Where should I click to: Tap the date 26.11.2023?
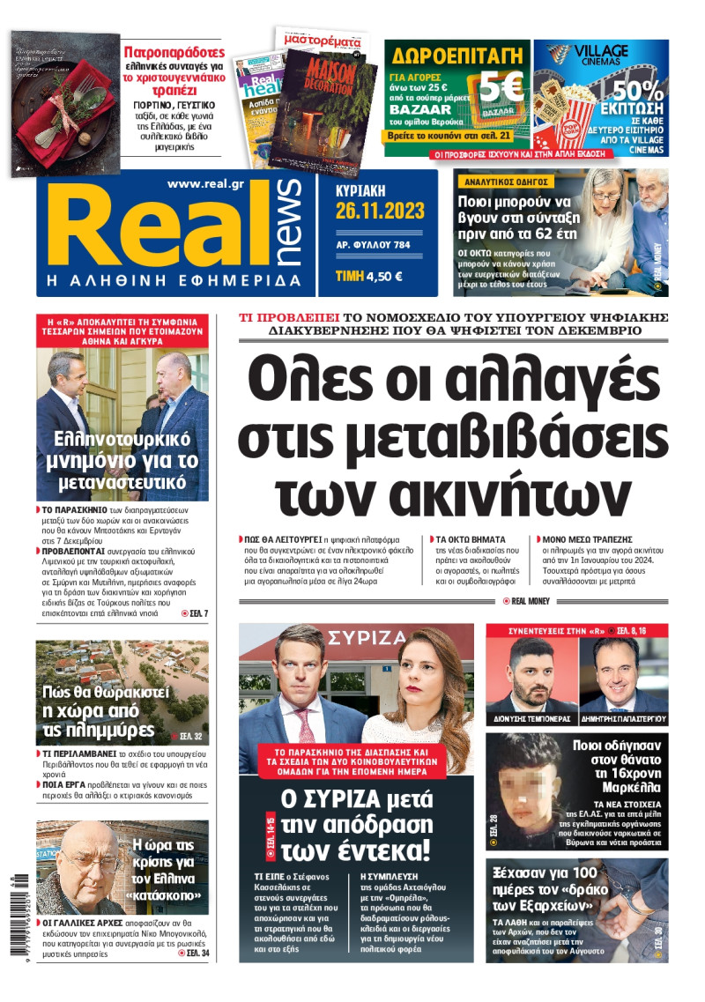(x=379, y=211)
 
